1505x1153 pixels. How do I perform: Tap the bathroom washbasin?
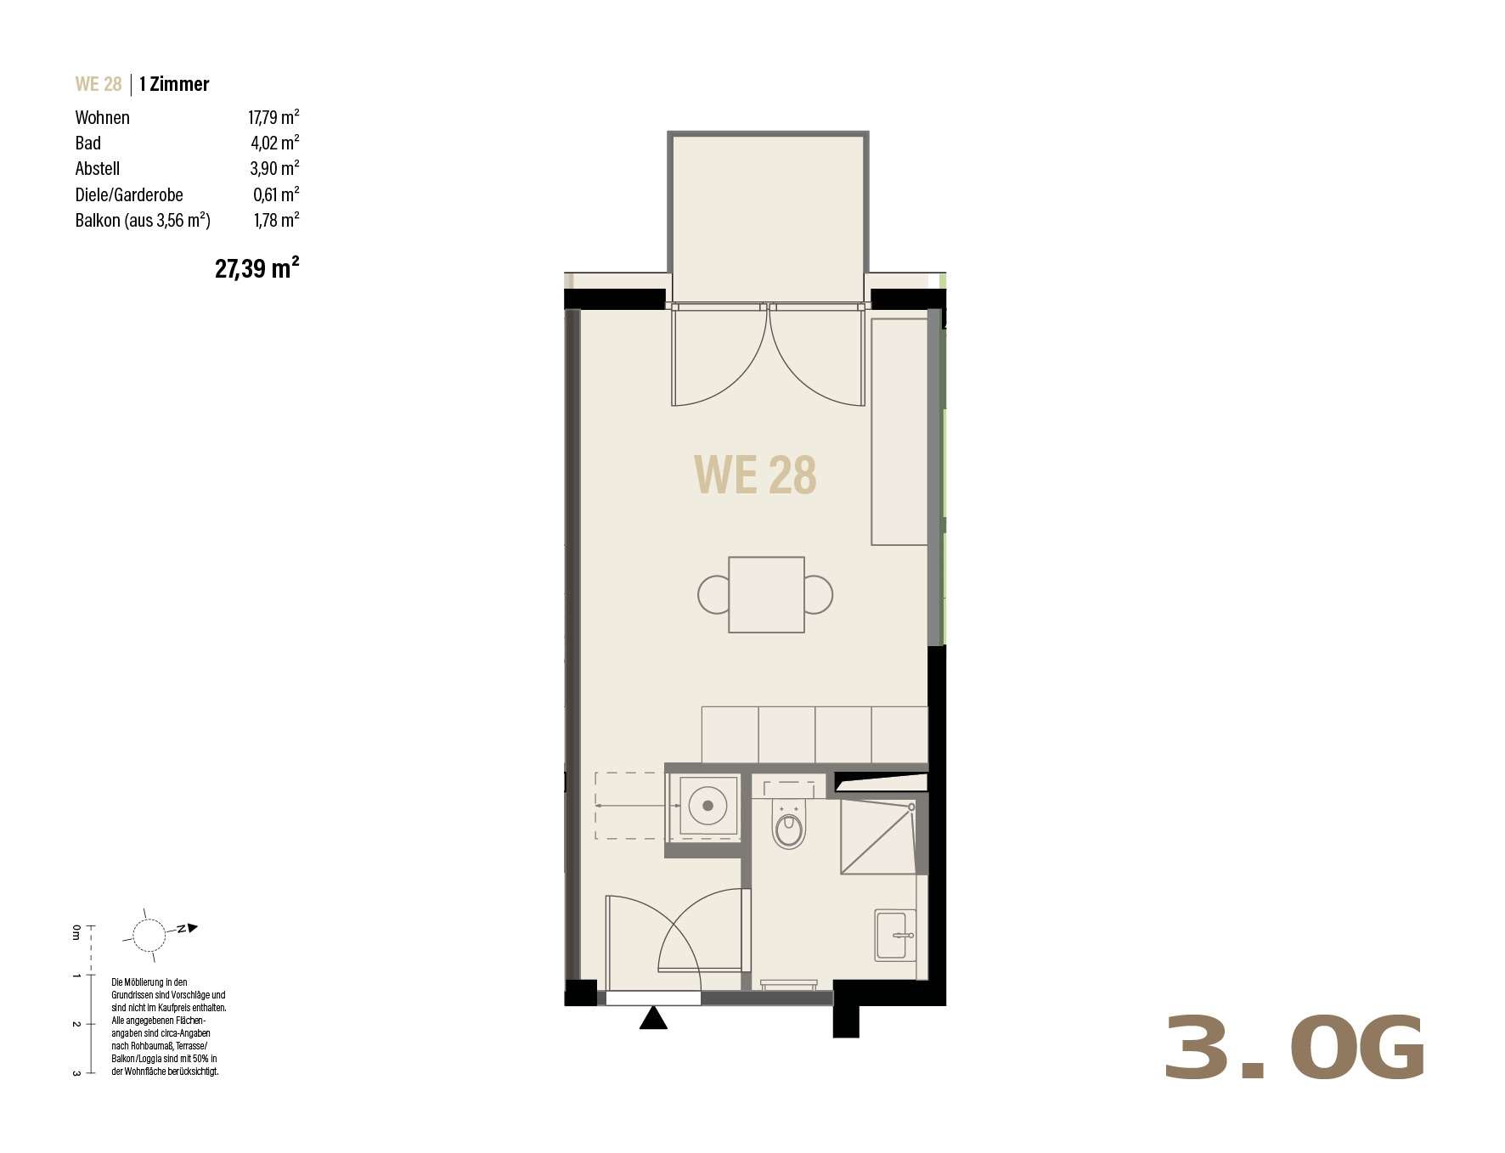[895, 935]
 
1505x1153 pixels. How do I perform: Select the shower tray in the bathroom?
[878, 838]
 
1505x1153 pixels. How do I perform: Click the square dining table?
[766, 594]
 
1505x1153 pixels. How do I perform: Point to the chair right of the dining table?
[819, 594]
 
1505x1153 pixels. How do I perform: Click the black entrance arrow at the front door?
[653, 1017]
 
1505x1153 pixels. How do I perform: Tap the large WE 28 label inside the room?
[755, 475]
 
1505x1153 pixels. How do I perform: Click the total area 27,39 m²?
[256, 268]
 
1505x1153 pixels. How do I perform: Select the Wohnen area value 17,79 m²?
[273, 117]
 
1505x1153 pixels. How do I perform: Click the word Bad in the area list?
[88, 143]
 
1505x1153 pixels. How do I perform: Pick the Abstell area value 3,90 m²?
[274, 168]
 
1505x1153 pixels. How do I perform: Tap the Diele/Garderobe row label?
[129, 194]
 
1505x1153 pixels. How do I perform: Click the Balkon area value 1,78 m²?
[276, 220]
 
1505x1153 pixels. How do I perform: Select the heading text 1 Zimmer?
[174, 84]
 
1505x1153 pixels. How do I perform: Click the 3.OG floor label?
[1294, 1049]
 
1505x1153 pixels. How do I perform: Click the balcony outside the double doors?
[768, 216]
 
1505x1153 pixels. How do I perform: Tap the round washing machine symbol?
[707, 805]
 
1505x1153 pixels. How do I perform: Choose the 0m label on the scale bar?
[76, 932]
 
